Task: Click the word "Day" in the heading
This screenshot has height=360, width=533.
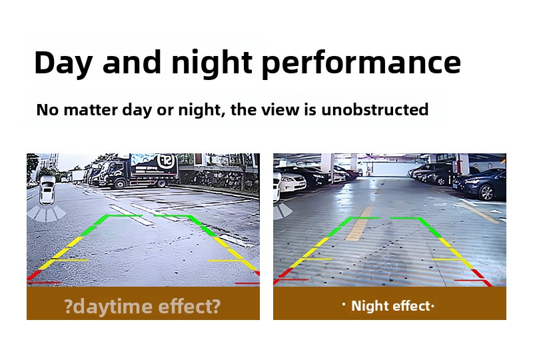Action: pos(63,63)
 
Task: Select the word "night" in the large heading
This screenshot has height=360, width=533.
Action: pos(211,63)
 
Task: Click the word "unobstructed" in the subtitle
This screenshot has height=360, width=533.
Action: pos(374,109)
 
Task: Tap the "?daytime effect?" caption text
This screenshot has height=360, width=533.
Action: pos(143,306)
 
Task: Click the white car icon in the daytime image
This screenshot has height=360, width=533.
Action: pos(47,190)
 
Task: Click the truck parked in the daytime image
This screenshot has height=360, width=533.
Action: pos(139,171)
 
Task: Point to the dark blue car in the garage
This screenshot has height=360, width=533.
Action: pos(479,183)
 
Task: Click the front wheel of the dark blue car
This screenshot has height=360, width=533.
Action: pos(487,192)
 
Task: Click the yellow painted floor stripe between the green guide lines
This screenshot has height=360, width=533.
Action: pos(359,224)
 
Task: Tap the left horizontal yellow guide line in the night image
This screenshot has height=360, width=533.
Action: pos(316,259)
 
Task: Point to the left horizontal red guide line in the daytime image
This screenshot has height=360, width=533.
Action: pos(44,283)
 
